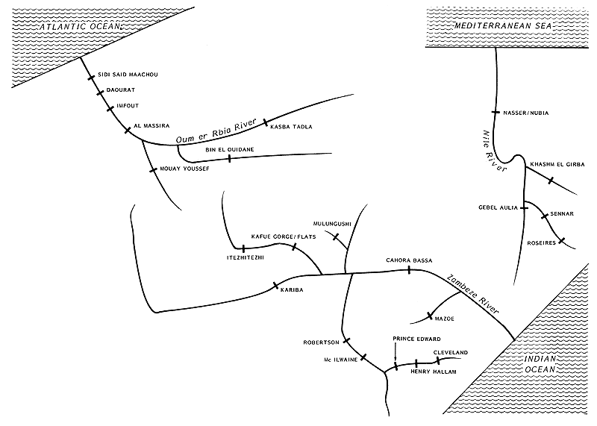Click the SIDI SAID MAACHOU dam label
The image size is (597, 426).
point(128,75)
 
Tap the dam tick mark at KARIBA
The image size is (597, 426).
point(276,285)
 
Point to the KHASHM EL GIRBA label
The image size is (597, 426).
point(554,164)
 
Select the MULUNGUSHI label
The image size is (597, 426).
point(332,224)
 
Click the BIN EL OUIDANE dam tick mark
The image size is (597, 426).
point(229,158)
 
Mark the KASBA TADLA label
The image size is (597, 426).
point(291,128)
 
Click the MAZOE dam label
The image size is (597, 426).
point(444,319)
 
